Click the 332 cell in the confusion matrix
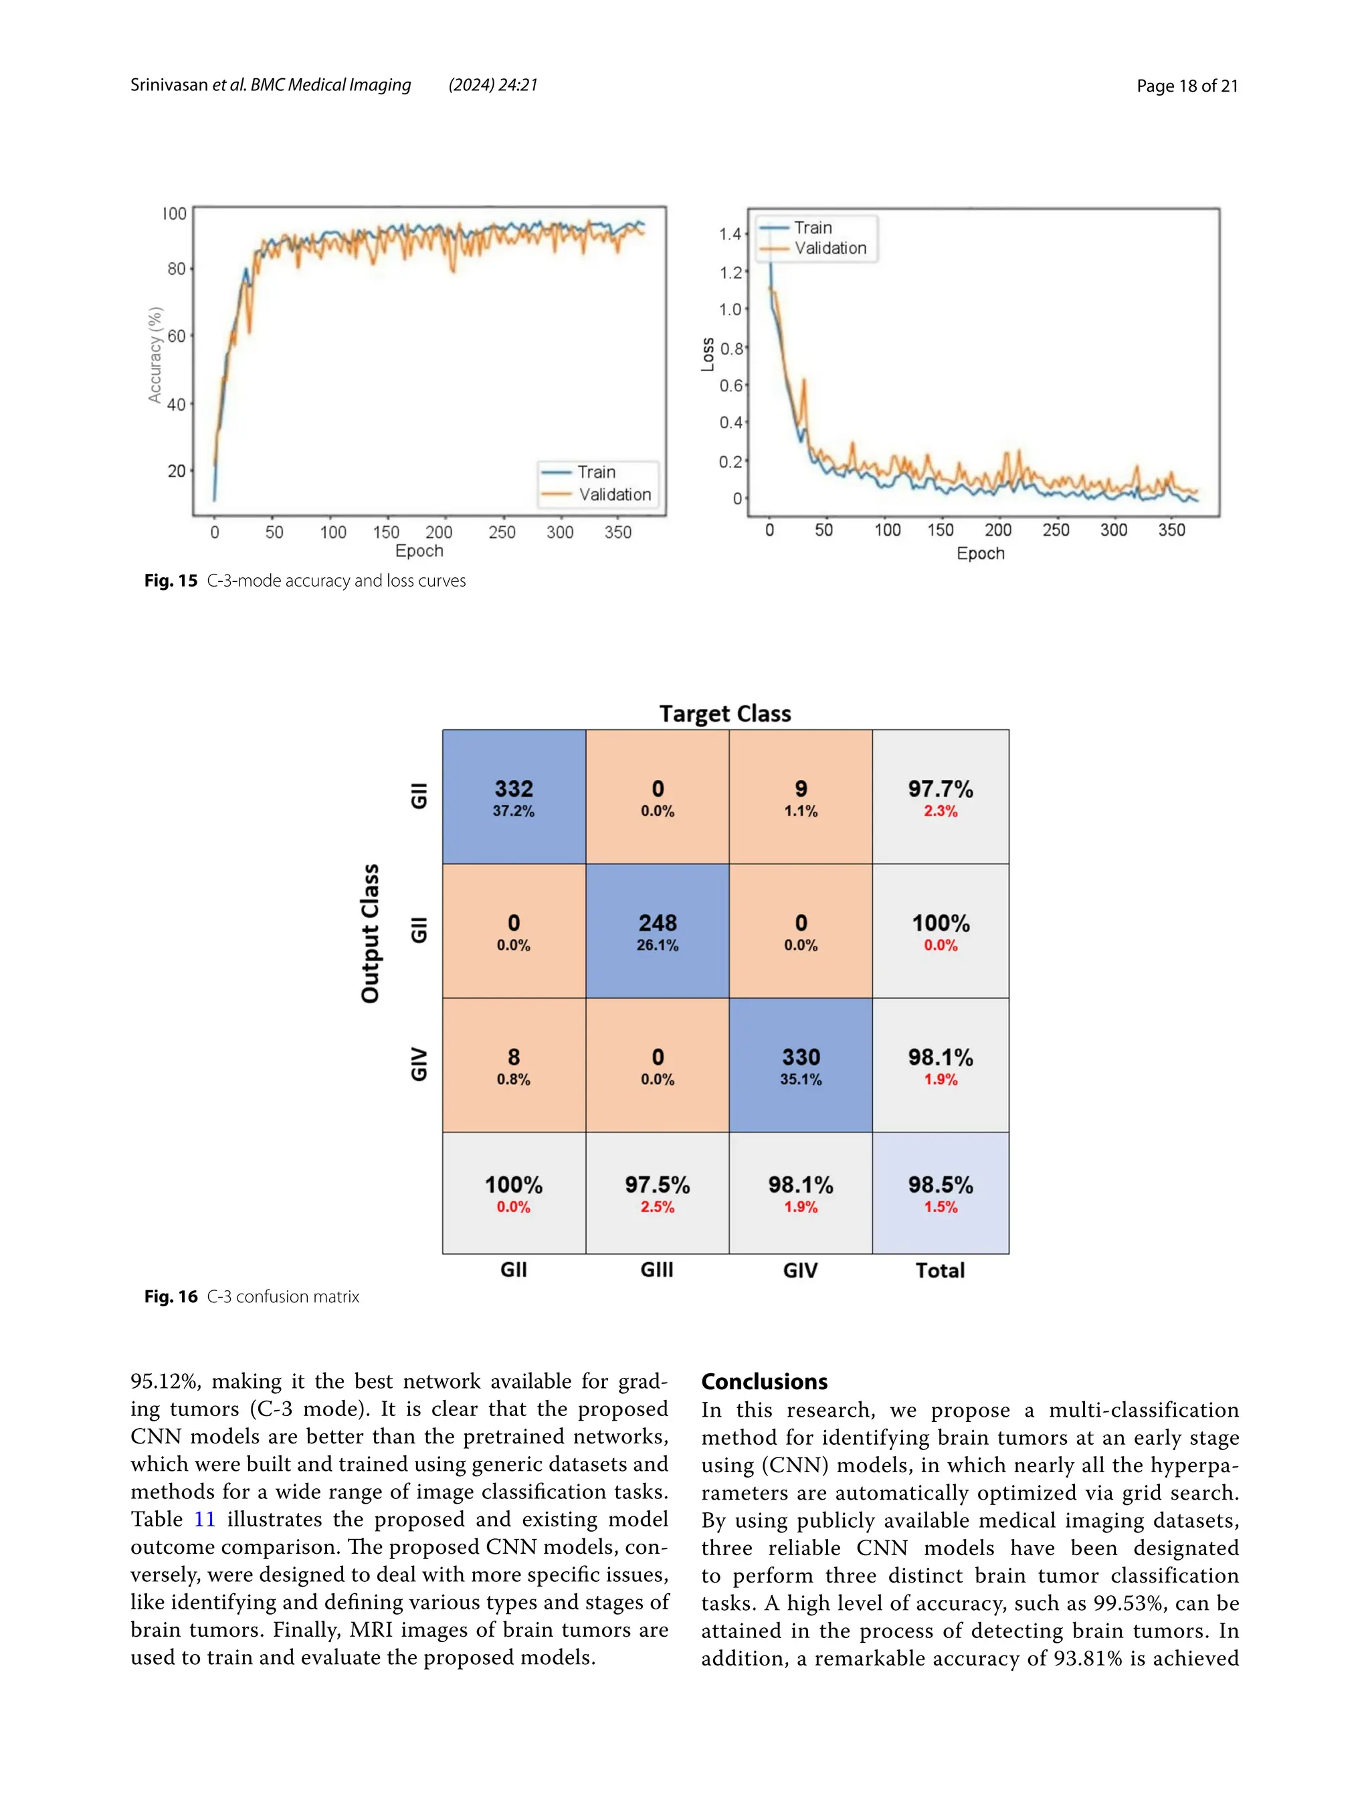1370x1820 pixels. (x=514, y=797)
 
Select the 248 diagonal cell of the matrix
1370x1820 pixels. (x=657, y=930)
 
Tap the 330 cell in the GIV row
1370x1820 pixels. (x=800, y=1065)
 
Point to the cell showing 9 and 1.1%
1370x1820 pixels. (x=800, y=797)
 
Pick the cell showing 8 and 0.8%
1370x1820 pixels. (x=514, y=1065)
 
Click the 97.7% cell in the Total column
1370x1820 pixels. (x=940, y=797)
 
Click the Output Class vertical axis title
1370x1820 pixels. (x=371, y=933)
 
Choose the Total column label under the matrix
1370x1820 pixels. (x=940, y=1270)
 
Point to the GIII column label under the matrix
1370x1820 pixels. (x=657, y=1270)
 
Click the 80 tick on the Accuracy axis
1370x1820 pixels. (x=176, y=269)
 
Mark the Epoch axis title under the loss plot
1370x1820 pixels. (x=980, y=553)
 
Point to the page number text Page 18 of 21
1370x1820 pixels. (x=1187, y=86)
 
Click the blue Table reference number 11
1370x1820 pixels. (x=204, y=1519)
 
